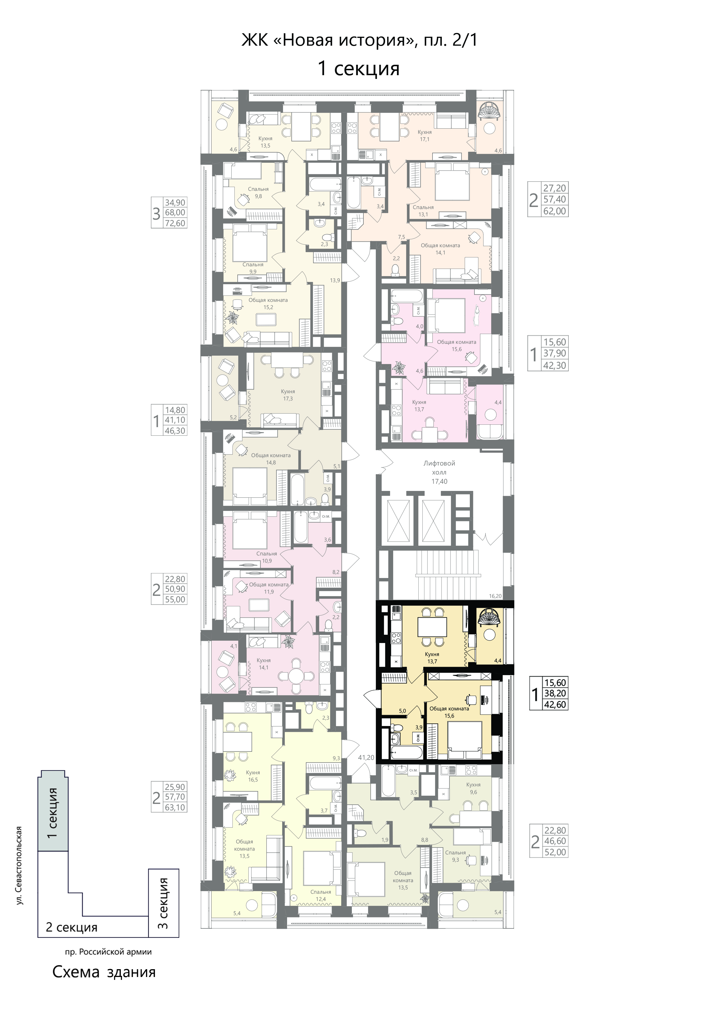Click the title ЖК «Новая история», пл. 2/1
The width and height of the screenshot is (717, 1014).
point(359,40)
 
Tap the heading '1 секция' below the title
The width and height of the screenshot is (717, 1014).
point(358,69)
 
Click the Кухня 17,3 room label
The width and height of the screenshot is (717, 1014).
point(288,395)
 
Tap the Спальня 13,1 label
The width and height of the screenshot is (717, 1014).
point(423,211)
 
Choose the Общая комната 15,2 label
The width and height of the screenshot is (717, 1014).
point(268,303)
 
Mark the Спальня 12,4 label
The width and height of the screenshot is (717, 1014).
point(321,895)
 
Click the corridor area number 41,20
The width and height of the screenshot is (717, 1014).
point(366,758)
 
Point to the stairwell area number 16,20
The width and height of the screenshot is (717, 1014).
point(495,596)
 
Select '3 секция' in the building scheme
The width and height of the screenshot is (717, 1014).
point(163,904)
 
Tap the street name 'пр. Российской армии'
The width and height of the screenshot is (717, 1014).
point(109,952)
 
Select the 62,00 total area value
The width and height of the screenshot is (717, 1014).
point(555,211)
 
